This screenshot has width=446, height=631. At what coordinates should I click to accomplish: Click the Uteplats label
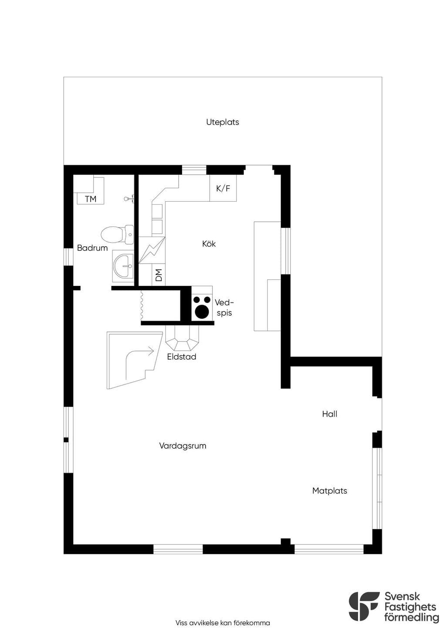pyautogui.click(x=223, y=122)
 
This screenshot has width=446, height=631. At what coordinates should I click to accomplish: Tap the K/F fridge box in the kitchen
pyautogui.click(x=223, y=188)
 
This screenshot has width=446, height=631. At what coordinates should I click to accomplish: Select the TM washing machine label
pyautogui.click(x=91, y=199)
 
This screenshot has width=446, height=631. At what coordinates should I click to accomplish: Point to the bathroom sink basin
pyautogui.click(x=123, y=266)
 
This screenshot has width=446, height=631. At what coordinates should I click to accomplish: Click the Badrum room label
pyautogui.click(x=92, y=248)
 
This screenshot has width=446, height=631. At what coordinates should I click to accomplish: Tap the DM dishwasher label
pyautogui.click(x=159, y=275)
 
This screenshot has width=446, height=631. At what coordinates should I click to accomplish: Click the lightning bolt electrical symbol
pyautogui.click(x=152, y=250)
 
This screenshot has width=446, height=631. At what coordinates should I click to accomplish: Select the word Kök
pyautogui.click(x=209, y=244)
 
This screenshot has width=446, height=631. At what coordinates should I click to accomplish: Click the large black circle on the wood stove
pyautogui.click(x=202, y=311)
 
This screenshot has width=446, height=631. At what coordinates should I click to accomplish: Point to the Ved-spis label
pyautogui.click(x=224, y=308)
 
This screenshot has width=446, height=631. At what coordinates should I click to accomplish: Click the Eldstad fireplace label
pyautogui.click(x=182, y=356)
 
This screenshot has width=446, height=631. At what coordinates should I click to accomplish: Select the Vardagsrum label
pyautogui.click(x=183, y=446)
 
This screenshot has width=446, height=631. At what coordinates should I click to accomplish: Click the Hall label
pyautogui.click(x=330, y=414)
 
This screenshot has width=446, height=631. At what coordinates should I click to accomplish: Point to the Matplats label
pyautogui.click(x=330, y=491)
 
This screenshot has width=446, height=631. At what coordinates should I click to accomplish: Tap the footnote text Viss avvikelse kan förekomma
pyautogui.click(x=223, y=623)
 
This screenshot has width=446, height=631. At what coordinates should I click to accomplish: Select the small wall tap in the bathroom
pyautogui.click(x=128, y=199)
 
